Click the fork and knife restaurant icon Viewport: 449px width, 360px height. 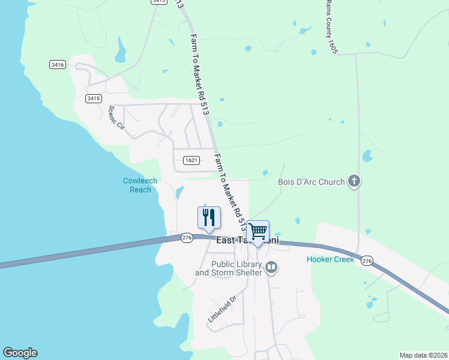tap(209, 218)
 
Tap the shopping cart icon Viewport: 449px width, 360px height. tap(258, 232)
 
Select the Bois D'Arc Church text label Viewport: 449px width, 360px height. tap(311, 182)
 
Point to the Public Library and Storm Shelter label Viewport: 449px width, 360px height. tap(229, 268)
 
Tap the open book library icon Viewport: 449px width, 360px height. tap(271, 267)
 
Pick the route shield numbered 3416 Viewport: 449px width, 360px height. tap(58, 64)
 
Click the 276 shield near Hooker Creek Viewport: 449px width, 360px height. tap(367, 260)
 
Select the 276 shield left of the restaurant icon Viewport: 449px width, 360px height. tap(187, 238)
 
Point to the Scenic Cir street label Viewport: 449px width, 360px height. tap(116, 118)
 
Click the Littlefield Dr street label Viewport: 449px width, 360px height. tap(223, 311)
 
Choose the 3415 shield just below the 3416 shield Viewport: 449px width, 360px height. tap(93, 98)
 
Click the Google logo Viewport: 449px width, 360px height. tap(20, 353)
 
